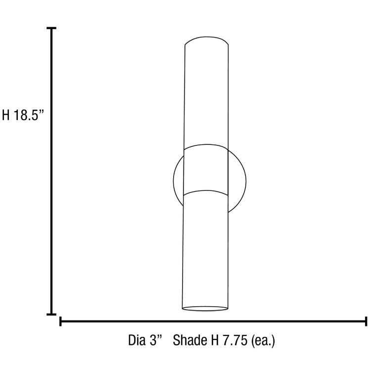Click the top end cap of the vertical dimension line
click(51, 29)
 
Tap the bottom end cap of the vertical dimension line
click(51, 314)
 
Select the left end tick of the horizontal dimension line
click(60, 322)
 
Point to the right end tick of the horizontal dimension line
click(366, 322)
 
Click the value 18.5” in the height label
click(29, 115)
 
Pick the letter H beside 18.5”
click(6, 115)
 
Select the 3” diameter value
click(157, 341)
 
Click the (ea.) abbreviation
click(263, 341)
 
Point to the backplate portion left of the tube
click(178, 180)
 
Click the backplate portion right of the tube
click(236, 180)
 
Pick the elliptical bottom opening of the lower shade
click(205, 309)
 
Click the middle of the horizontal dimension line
click(213, 322)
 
